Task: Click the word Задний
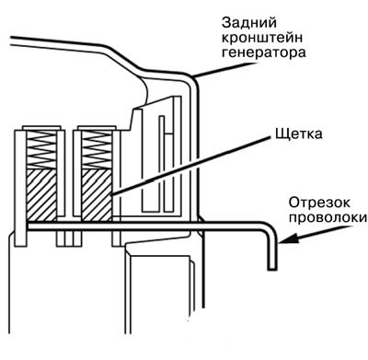coord(249,23)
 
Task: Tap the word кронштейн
coord(262,38)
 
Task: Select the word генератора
coord(263,52)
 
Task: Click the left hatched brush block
coord(41,194)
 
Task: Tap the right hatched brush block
coord(97,194)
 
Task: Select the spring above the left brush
coord(41,149)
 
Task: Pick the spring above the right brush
coord(97,149)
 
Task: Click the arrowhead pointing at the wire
coord(287,239)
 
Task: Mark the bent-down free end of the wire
coord(271,268)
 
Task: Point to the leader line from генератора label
coord(224,70)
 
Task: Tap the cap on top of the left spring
coord(41,127)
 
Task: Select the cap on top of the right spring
coord(97,127)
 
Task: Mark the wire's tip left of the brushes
coord(29,226)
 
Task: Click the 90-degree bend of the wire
coord(270,228)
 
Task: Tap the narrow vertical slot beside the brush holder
coord(161,164)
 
